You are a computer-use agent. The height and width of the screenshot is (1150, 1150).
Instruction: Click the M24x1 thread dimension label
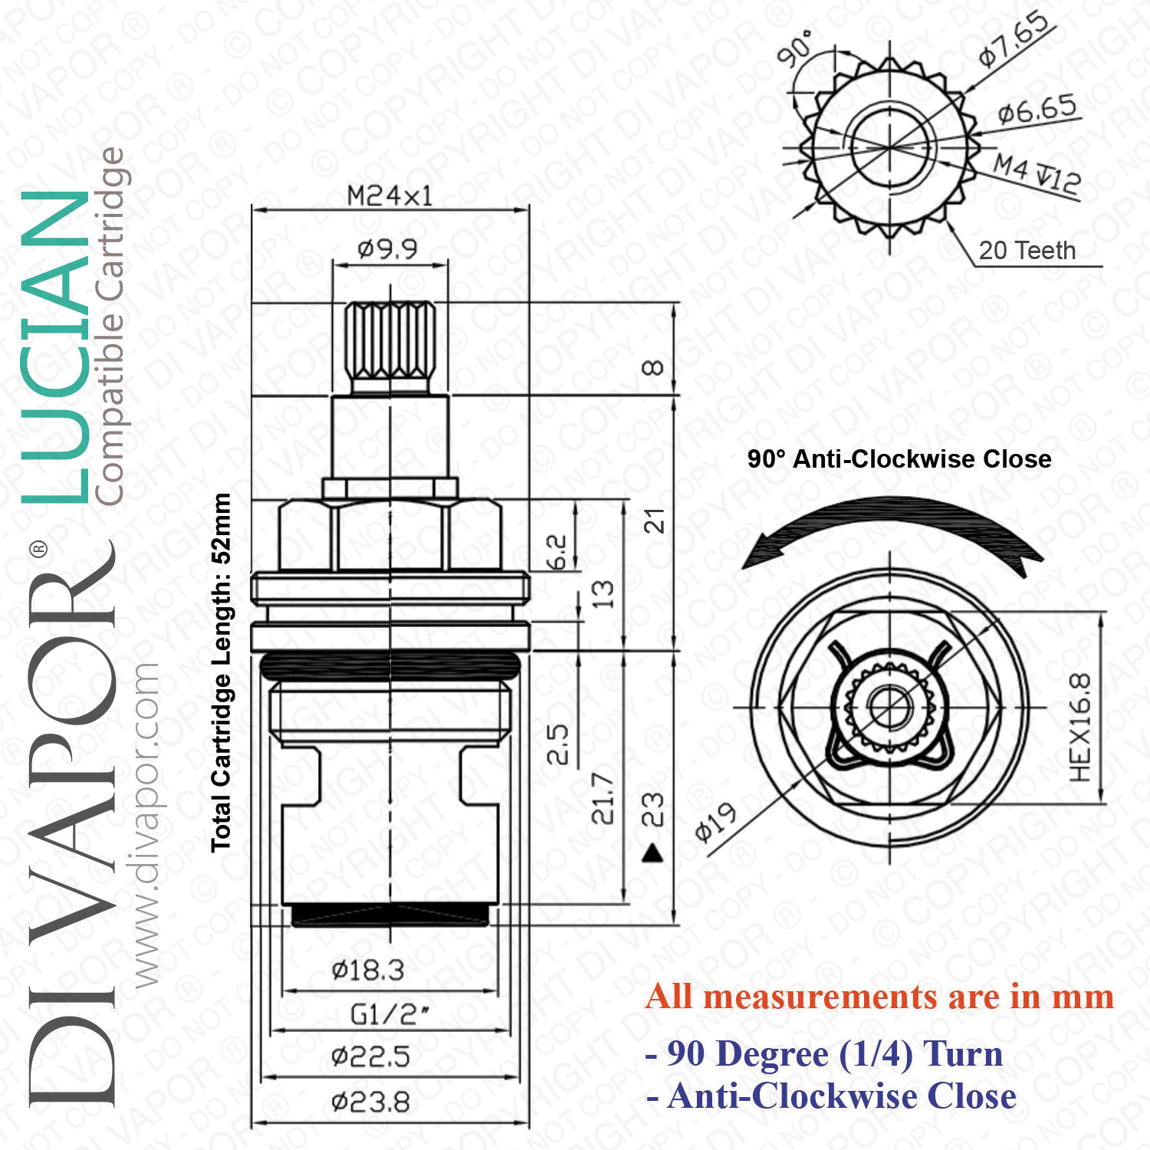[x=389, y=196]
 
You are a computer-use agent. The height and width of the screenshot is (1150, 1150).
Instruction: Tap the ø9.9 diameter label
[x=387, y=249]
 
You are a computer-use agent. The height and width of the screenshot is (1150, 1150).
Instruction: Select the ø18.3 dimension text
[x=368, y=971]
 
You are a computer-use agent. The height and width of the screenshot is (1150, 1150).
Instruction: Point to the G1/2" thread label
[x=389, y=1014]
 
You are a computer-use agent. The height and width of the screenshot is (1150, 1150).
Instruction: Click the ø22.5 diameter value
[x=370, y=1057]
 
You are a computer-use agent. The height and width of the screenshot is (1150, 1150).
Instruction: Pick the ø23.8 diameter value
[x=370, y=1102]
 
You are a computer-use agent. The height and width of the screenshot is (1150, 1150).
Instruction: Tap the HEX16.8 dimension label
[x=1079, y=727]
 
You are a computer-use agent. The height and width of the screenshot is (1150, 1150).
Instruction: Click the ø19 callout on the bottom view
[x=715, y=823]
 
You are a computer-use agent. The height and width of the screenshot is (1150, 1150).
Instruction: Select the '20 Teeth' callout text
[x=1027, y=251]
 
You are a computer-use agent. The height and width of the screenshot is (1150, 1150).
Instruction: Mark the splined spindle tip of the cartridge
[x=390, y=341]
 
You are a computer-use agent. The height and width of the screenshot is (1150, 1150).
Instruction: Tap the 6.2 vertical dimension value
[x=557, y=552]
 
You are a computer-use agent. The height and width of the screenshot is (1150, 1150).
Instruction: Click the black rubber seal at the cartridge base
[x=390, y=915]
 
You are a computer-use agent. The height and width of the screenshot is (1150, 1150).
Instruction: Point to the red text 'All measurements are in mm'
[x=879, y=997]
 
